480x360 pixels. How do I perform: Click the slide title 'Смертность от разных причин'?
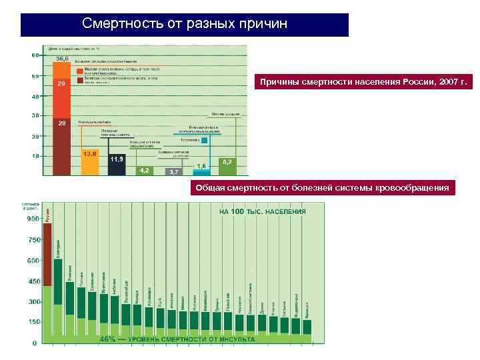coord(185,24)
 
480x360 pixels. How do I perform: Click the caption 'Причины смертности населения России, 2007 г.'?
coord(363,83)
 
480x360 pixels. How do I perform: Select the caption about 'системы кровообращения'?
coord(322,188)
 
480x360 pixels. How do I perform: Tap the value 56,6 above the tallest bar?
coord(62,59)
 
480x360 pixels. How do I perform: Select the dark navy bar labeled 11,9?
coord(117,165)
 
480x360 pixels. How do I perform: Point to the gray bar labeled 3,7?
coord(173,171)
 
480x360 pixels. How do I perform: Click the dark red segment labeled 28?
coord(61,147)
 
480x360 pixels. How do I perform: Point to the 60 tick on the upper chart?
coord(35,55)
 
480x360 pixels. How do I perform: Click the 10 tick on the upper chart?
coord(35,156)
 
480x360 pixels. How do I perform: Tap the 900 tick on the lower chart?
coord(33,219)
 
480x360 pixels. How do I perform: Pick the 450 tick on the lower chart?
coord(33,281)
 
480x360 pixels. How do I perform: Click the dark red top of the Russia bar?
coord(47,253)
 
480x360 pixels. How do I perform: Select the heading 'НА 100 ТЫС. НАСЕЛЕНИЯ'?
coord(263,211)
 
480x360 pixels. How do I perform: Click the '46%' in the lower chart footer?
coord(108,339)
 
